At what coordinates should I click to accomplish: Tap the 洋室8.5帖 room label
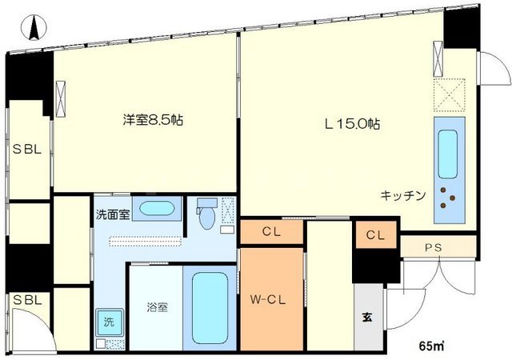[x=154, y=121]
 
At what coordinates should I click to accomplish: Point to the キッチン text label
[x=402, y=194]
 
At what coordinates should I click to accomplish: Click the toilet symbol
[x=206, y=214]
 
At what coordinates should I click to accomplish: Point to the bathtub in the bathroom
[x=210, y=308]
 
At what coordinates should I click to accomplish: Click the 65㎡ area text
[x=432, y=346]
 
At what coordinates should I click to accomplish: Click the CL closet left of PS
[x=375, y=235]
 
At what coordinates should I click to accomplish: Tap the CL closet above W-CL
[x=271, y=232]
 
